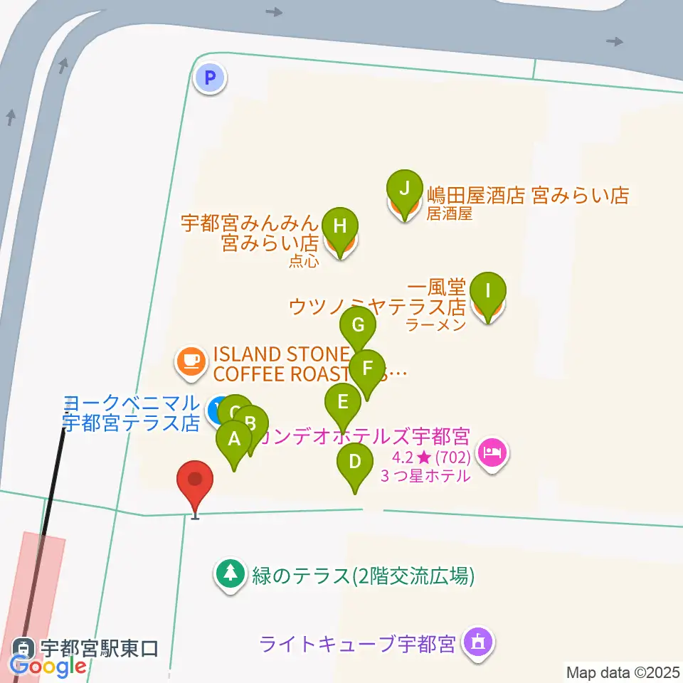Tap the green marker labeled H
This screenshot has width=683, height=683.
tap(340, 228)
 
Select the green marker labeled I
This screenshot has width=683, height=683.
tap(488, 292)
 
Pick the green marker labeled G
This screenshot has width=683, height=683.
tap(358, 327)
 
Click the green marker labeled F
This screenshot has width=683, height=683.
tap(367, 369)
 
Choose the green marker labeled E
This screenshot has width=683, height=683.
tap(343, 403)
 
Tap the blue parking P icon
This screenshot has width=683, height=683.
tap(211, 78)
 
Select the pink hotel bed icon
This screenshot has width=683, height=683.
tap(492, 451)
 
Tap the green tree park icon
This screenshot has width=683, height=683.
tap(230, 573)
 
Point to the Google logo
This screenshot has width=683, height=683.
tap(48, 666)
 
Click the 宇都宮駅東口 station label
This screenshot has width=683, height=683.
tap(98, 648)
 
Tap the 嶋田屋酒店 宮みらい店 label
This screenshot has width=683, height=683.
tap(528, 196)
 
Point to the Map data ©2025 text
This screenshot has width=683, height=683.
tap(623, 672)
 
